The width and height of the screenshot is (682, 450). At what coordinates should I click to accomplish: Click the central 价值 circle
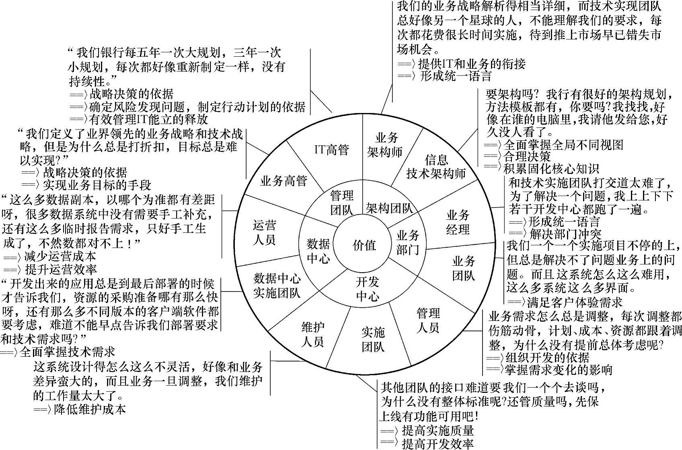(x=364, y=245)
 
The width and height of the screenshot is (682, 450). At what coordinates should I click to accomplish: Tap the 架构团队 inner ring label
(x=389, y=208)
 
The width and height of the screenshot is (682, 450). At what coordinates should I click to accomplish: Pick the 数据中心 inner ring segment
(x=318, y=251)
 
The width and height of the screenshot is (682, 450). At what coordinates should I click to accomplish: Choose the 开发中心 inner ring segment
(x=367, y=289)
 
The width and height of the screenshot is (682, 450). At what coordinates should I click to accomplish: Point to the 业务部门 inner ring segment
(x=408, y=242)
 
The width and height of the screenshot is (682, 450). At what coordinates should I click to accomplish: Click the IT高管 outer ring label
(x=332, y=150)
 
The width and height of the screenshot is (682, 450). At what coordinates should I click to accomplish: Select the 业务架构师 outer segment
(x=386, y=145)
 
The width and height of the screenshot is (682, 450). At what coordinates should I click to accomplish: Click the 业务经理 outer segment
(x=458, y=222)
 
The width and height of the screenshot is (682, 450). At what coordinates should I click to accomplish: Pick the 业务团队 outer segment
(x=464, y=268)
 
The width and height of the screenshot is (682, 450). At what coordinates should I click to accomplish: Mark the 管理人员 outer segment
(x=428, y=320)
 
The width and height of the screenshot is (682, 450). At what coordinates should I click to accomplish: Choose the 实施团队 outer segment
(x=373, y=339)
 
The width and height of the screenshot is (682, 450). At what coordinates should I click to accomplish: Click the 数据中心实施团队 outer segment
(x=277, y=286)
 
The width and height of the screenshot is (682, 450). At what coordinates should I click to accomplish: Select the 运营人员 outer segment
(x=264, y=232)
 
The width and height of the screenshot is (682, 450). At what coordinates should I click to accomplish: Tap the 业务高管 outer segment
(x=283, y=181)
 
